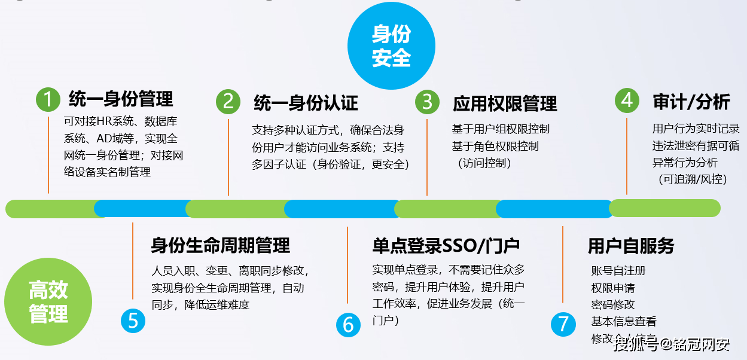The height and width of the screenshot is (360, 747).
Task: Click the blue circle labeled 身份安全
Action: (x=392, y=46)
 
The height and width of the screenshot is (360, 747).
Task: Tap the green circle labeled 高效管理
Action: (x=48, y=302)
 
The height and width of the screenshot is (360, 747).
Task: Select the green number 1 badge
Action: (x=48, y=100)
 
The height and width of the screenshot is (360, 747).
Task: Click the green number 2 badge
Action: (x=228, y=101)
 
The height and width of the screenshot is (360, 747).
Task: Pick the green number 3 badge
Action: (x=427, y=102)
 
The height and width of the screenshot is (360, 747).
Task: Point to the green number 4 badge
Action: (x=627, y=100)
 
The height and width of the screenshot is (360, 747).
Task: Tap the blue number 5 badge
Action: (x=133, y=321)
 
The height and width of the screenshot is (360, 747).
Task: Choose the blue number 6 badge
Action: (x=348, y=324)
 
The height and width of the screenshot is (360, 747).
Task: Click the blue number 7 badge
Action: (x=563, y=324)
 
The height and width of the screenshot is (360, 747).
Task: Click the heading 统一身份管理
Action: (x=121, y=99)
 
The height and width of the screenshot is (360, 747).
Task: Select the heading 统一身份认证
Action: (x=306, y=103)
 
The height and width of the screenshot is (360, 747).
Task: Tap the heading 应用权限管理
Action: (x=505, y=103)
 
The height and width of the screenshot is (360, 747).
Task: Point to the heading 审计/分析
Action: (x=691, y=102)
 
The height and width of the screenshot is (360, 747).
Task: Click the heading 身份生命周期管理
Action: (x=220, y=245)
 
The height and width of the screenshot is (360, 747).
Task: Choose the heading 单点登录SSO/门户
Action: (x=446, y=245)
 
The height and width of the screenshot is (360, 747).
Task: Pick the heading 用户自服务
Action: (x=631, y=246)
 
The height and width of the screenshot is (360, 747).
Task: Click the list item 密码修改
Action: (x=613, y=304)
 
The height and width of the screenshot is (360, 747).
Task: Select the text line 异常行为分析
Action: (x=685, y=162)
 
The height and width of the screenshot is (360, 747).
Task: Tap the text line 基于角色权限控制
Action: (x=495, y=146)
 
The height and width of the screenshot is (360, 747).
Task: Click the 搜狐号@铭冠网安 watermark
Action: (x=672, y=344)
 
